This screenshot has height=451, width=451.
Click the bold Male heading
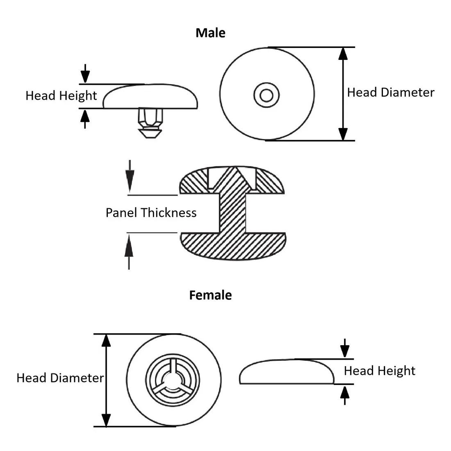tap(210, 33)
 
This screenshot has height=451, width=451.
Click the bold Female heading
tap(210, 295)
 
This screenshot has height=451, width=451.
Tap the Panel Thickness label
tap(151, 212)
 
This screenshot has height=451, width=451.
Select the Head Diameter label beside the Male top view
tap(390, 93)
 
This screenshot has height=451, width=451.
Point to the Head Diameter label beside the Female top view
tap(60, 378)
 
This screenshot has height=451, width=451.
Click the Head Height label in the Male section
tap(61, 96)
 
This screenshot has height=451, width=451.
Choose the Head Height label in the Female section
tap(379, 371)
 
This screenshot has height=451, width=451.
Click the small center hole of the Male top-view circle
tap(267, 96)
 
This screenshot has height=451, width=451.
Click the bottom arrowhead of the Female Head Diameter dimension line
tap(106, 419)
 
